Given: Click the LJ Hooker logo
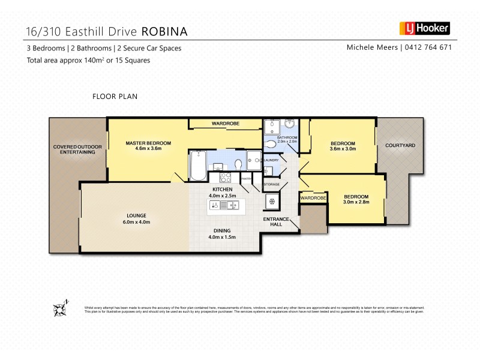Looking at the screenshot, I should point(424,28).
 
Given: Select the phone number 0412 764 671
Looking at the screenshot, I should point(428,47).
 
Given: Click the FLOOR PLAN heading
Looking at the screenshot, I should point(116,96).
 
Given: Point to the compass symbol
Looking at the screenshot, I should point(60,308).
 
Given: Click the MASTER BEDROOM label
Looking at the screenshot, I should point(148,146).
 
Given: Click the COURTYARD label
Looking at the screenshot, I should point(400,146).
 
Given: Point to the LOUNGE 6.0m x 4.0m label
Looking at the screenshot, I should point(137,218).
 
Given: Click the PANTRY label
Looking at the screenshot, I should point(246,179).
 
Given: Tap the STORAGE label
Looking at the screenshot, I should point(272,184).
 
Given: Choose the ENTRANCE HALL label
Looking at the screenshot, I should point(276,221).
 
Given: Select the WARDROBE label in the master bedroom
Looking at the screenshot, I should point(225,124).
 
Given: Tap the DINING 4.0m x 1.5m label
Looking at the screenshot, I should point(222,233).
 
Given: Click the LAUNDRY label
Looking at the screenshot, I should point(271,160).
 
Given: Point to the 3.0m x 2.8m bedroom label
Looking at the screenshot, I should point(356,199).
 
